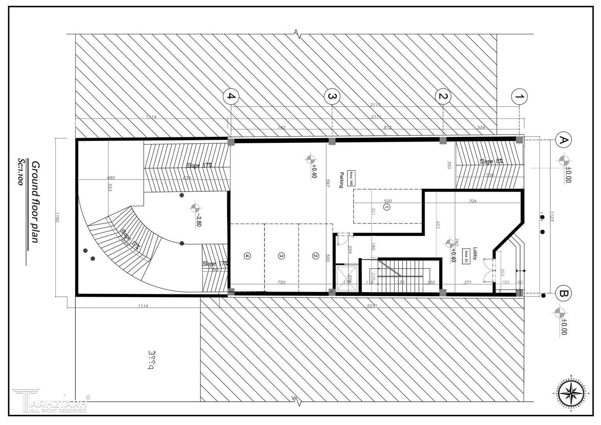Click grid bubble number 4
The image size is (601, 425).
(231, 96)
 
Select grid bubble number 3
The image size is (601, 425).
(332, 96)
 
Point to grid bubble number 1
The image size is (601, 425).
(519, 96)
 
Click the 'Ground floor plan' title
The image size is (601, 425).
(35, 201)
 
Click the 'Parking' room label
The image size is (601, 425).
(342, 180)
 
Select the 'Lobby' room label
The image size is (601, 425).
(475, 252)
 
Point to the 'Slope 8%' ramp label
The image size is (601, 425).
(491, 161)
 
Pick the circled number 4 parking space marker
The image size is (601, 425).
(247, 256)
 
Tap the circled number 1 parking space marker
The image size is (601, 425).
(386, 207)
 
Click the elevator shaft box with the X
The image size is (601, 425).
(346, 279)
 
